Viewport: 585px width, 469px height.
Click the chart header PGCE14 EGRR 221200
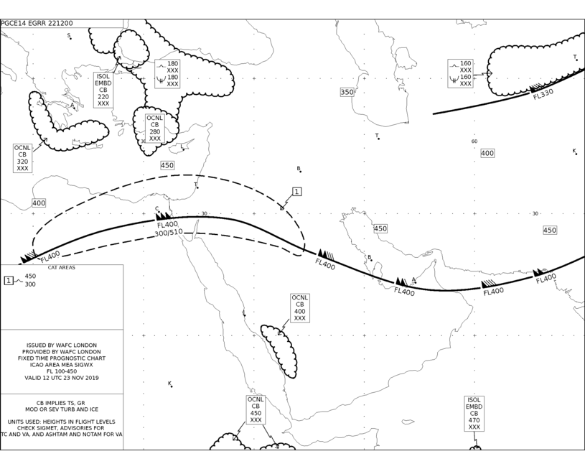point(37,23)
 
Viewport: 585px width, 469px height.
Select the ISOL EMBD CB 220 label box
point(103,90)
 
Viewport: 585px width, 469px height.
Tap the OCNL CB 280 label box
point(155,128)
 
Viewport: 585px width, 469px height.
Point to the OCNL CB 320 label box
point(22,158)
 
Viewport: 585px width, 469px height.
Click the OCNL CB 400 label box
point(299,308)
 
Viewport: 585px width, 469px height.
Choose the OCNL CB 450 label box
point(256,409)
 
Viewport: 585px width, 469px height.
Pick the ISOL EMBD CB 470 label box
point(474,414)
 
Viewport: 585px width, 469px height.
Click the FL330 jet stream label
point(543,93)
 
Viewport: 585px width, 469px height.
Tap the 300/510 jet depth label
point(169,233)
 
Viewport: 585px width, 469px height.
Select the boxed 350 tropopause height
point(347,92)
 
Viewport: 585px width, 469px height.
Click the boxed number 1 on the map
point(296,192)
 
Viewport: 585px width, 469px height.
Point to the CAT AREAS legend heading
point(62,267)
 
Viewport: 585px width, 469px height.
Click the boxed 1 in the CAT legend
point(8,280)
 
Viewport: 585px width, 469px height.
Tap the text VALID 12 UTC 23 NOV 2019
point(62,378)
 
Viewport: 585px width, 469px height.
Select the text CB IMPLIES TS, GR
point(60,403)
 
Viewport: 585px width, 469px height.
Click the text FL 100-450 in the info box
point(62,371)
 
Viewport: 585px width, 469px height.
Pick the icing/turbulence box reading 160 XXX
point(461,73)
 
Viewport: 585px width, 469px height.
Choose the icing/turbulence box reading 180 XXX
point(167,73)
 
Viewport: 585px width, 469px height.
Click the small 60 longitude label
point(474,141)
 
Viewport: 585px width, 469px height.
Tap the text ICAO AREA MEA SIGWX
point(62,364)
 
